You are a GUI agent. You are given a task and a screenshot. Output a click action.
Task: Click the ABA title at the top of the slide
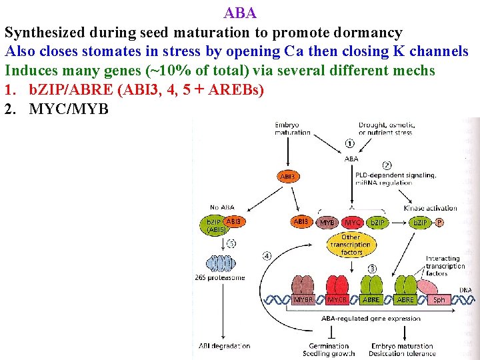click(x=240, y=13)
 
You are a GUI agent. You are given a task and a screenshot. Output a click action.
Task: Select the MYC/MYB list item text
click(x=69, y=109)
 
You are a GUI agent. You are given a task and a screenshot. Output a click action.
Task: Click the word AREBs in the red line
click(x=236, y=89)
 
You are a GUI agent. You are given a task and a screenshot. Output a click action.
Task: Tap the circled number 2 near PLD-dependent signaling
click(x=387, y=165)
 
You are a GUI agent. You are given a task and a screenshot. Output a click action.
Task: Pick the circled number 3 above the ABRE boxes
click(x=372, y=269)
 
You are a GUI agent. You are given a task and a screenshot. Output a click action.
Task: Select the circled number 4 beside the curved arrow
click(x=267, y=255)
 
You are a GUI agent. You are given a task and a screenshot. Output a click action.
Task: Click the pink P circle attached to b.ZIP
click(x=439, y=221)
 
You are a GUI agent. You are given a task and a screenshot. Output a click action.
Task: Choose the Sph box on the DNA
click(x=439, y=300)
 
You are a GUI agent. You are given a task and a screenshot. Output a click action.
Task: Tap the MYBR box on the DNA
click(x=304, y=300)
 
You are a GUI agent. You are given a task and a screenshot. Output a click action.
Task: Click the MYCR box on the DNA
click(x=337, y=300)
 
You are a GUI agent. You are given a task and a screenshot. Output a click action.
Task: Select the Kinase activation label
click(x=431, y=208)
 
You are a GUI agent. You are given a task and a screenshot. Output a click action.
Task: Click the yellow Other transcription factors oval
click(x=351, y=245)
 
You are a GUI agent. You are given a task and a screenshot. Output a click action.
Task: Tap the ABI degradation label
click(x=225, y=345)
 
